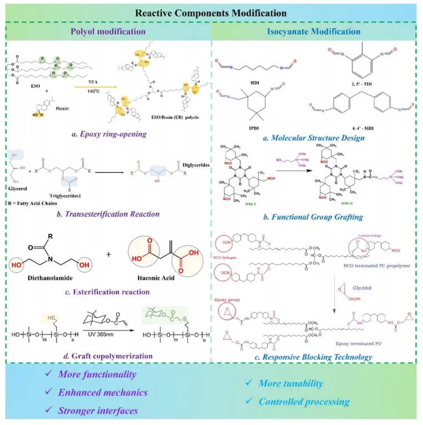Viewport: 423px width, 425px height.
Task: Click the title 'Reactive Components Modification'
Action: click(x=211, y=12)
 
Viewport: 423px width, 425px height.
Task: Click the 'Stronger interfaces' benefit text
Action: click(x=98, y=411)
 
